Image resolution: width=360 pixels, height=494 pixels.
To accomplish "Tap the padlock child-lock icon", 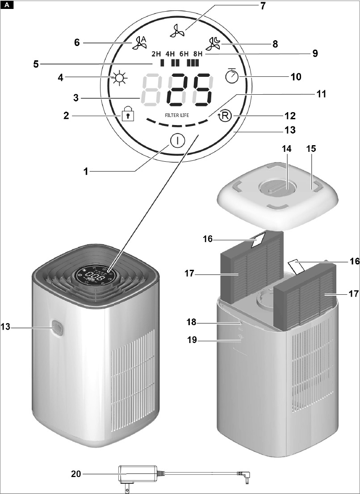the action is click(x=128, y=113).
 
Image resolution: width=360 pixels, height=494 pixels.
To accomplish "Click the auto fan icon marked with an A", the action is click(x=139, y=43).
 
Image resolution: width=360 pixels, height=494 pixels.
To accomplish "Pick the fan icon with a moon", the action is click(x=213, y=44).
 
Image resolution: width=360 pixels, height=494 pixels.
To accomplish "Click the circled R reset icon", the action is click(x=225, y=116).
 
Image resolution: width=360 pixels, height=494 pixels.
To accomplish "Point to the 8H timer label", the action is click(x=198, y=54).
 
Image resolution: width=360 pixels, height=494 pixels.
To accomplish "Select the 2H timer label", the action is click(x=156, y=54).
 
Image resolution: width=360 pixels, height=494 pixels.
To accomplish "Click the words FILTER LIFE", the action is click(x=177, y=115).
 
